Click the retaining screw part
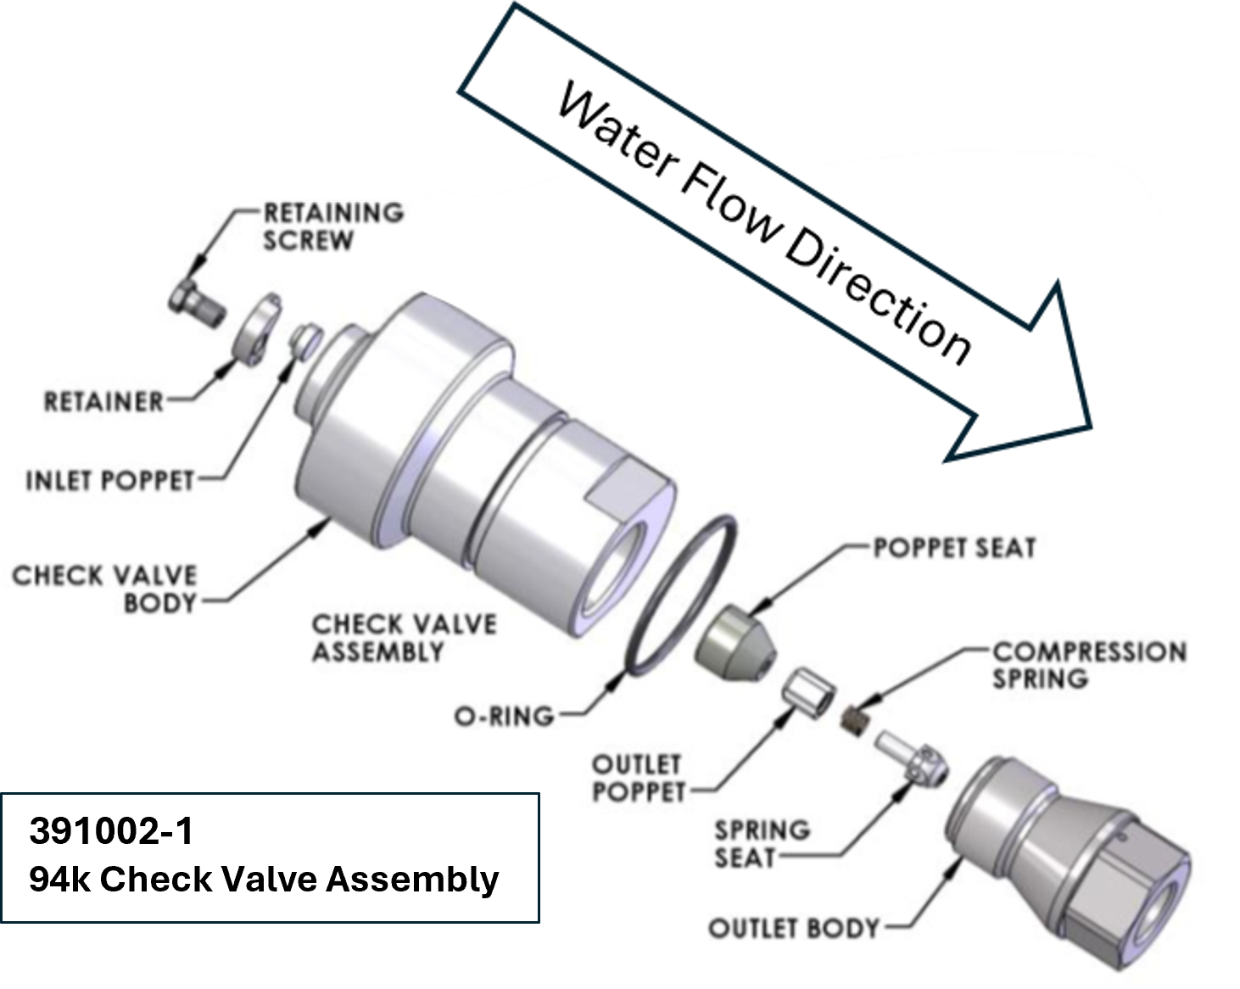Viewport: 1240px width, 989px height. [194, 301]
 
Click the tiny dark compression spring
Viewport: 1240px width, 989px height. [860, 722]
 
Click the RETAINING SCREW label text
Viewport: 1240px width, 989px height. [332, 226]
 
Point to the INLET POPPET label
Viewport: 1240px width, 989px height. [110, 481]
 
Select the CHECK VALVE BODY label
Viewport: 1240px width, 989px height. [104, 589]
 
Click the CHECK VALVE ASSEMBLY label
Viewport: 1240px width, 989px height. [403, 638]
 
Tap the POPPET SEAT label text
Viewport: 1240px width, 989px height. [954, 548]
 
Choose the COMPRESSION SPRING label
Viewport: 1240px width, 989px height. [1088, 665]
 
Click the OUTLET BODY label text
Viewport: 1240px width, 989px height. [794, 928]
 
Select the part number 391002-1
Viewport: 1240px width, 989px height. [111, 831]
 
